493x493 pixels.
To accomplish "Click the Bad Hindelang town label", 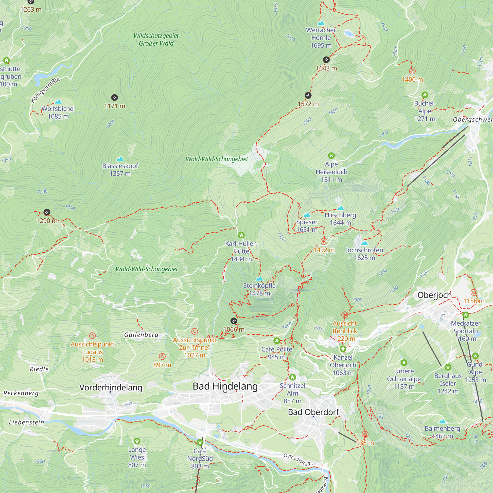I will [x=225, y=386].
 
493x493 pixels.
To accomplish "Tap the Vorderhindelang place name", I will [x=111, y=387].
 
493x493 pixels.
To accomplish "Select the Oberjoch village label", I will [x=435, y=295].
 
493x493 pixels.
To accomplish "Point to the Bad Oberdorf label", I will [x=313, y=412].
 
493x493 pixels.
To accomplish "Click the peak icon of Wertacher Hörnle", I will [x=321, y=23].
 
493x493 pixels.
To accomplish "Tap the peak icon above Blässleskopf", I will [x=120, y=159].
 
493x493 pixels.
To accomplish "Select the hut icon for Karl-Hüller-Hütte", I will [x=241, y=235].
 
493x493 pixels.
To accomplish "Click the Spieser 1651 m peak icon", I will [x=307, y=215].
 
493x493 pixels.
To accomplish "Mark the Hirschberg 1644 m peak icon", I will [x=340, y=208].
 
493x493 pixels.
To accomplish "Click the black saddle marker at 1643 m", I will [x=326, y=60].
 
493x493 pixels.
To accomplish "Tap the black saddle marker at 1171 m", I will [x=115, y=97].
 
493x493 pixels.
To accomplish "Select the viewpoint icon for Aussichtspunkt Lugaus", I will [x=92, y=335].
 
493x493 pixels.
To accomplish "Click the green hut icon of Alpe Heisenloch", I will [x=331, y=156].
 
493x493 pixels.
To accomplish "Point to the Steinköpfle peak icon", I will [x=259, y=278].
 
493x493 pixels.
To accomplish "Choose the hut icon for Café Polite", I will [x=277, y=341].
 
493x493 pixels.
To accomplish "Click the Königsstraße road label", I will [x=45, y=90].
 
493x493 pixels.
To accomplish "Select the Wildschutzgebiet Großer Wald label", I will [x=156, y=39].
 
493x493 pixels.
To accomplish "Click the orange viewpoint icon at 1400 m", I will [x=412, y=71].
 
